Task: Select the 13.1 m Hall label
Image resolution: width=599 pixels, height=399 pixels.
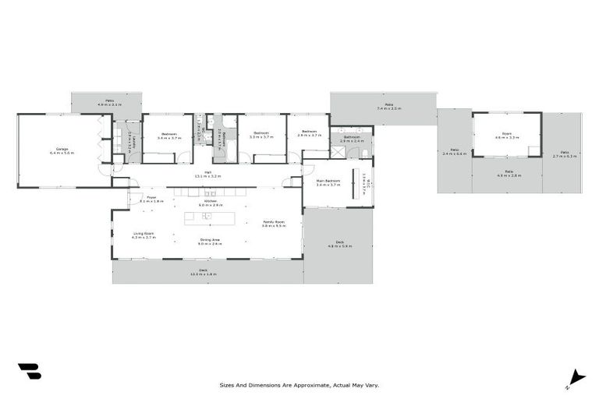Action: pyautogui.click(x=208, y=175)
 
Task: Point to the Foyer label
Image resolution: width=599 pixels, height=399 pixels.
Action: pyautogui.click(x=151, y=199)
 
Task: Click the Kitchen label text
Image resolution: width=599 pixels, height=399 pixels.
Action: pyautogui.click(x=211, y=203)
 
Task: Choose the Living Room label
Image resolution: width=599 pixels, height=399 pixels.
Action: pyautogui.click(x=144, y=235)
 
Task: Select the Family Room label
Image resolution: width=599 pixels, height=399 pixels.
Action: pyautogui.click(x=273, y=224)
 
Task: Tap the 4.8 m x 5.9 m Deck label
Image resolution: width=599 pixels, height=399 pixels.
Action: pyautogui.click(x=340, y=244)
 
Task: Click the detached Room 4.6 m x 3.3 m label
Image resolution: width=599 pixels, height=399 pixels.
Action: pyautogui.click(x=507, y=136)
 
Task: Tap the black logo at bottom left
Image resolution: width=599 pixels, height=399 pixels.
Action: pyautogui.click(x=29, y=372)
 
